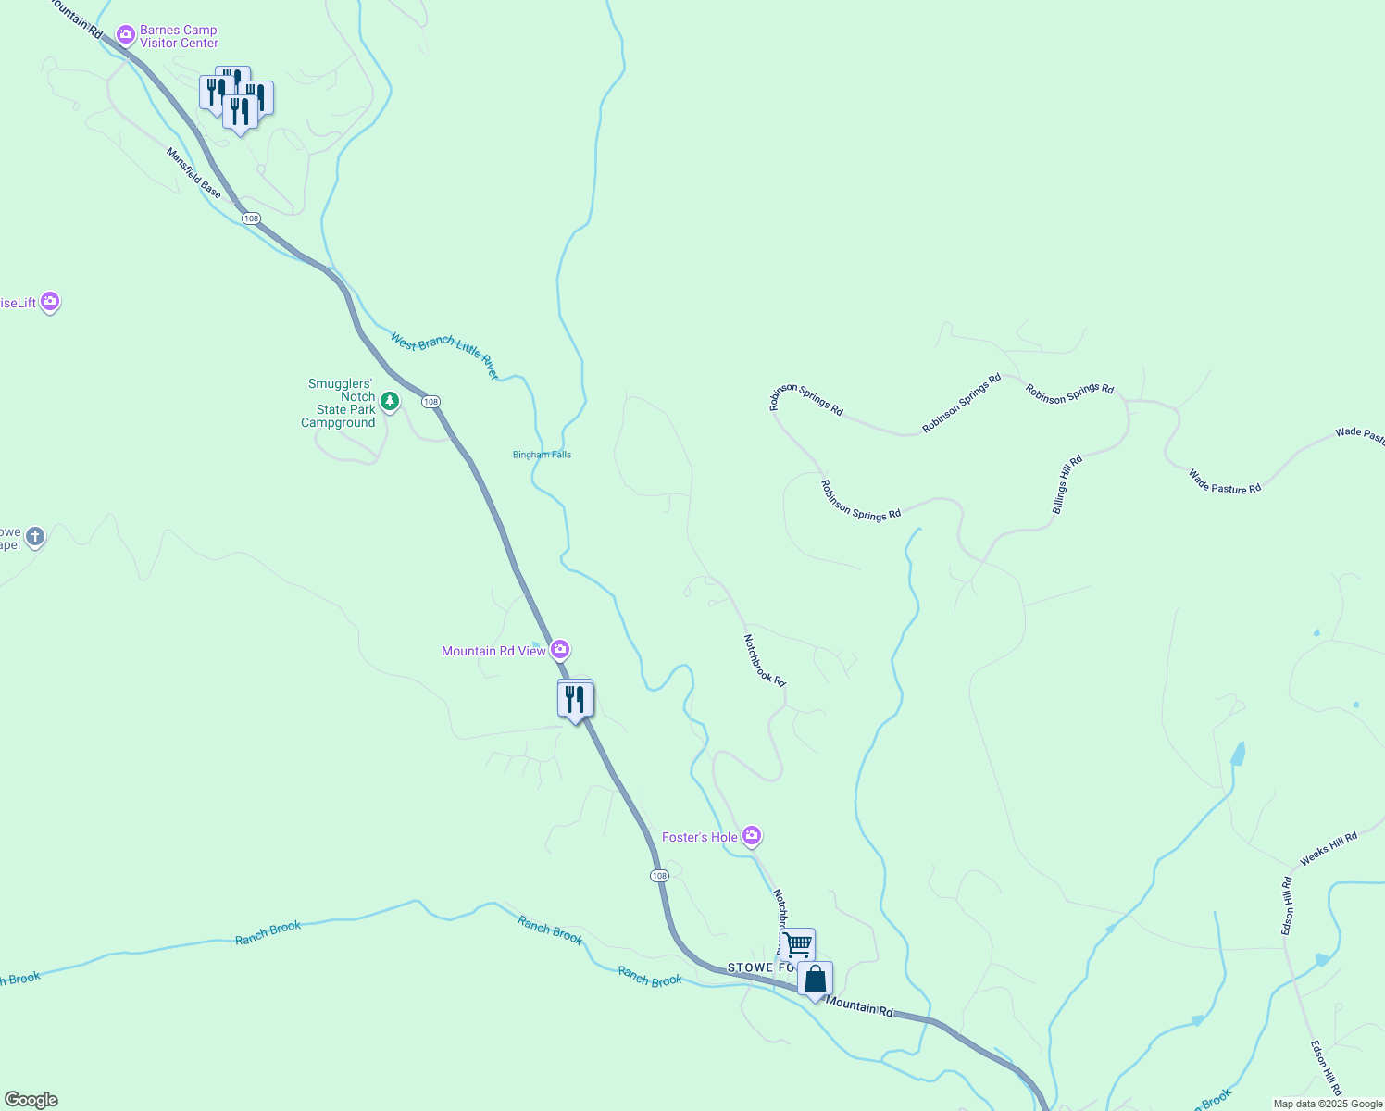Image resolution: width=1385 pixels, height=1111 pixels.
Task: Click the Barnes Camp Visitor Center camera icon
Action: (x=126, y=36)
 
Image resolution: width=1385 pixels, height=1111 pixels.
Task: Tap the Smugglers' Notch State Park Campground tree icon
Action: (x=390, y=402)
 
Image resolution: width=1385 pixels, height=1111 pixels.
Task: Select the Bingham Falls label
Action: (x=542, y=455)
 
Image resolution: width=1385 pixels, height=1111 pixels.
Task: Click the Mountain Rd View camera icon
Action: (x=560, y=650)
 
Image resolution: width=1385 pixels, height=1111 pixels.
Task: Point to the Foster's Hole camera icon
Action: (x=752, y=837)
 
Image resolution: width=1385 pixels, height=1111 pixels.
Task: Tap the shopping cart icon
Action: (x=797, y=945)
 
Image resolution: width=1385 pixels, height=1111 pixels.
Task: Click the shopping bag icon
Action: (x=815, y=979)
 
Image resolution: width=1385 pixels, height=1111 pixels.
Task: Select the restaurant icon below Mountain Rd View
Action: (x=575, y=699)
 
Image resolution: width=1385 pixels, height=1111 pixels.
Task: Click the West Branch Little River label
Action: (x=444, y=356)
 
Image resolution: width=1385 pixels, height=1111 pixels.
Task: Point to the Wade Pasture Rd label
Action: (x=1224, y=482)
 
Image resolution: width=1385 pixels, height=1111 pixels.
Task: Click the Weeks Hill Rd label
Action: (x=1329, y=849)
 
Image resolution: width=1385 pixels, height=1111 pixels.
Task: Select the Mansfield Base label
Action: (x=194, y=173)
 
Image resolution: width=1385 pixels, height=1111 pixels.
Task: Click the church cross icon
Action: (x=35, y=536)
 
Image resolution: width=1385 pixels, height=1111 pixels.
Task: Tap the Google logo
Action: (x=31, y=1100)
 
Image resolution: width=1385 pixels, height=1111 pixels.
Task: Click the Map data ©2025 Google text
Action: (x=1328, y=1104)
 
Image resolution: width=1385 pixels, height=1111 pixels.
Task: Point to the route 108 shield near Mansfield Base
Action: (x=251, y=218)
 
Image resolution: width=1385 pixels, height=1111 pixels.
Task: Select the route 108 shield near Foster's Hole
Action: (x=658, y=876)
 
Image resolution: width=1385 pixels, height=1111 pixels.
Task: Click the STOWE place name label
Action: (x=751, y=967)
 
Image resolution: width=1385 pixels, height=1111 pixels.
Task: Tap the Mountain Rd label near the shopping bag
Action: (x=860, y=1006)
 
